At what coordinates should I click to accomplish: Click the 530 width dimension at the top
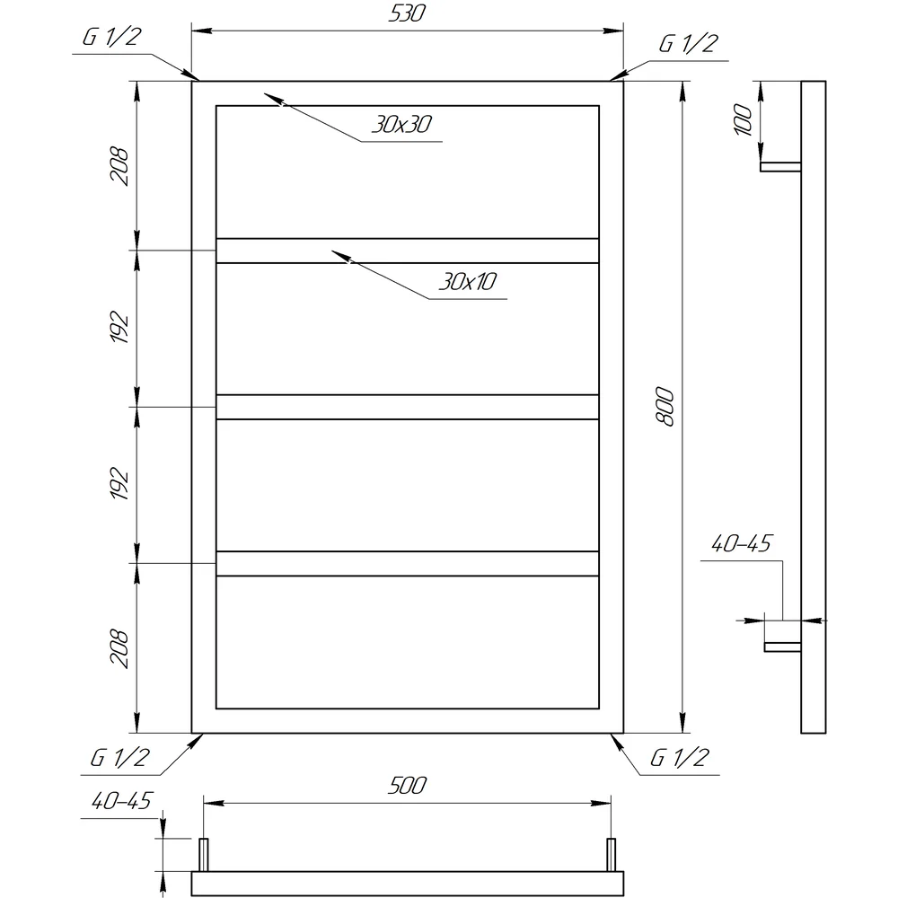coord(407,13)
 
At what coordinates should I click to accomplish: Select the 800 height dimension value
coord(665,407)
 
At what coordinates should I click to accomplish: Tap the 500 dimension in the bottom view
coord(407,785)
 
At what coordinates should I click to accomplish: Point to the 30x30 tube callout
coord(402,124)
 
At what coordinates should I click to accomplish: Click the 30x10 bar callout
coord(468,281)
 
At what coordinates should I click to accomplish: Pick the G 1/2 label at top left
coord(111,37)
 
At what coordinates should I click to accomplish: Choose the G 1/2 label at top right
coord(689,43)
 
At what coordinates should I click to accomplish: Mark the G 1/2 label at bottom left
coord(119,758)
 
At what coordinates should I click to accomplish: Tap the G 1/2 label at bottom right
coord(679,758)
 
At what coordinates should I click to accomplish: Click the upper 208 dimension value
coord(119,166)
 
